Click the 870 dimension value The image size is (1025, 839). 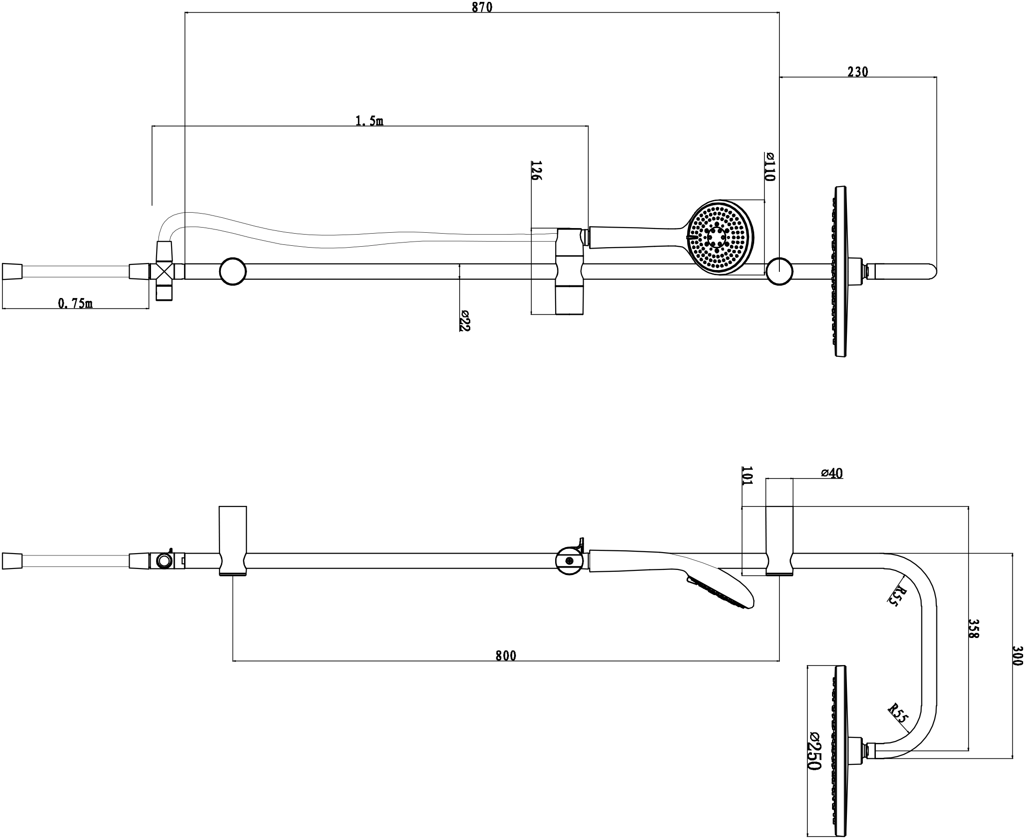point(482,7)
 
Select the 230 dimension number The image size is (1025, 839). point(858,72)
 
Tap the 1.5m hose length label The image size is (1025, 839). point(370,121)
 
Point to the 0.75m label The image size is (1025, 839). point(76,304)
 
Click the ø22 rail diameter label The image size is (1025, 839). point(465,320)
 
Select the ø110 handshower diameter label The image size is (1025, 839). point(770,167)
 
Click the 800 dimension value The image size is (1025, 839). point(506,656)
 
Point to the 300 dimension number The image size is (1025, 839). point(1017,656)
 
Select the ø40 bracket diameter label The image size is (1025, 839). point(832,474)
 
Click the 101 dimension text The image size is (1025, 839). point(747,476)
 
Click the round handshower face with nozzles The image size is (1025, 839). point(720,237)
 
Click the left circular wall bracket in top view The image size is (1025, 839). point(233,271)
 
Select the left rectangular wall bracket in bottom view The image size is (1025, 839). point(233,541)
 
